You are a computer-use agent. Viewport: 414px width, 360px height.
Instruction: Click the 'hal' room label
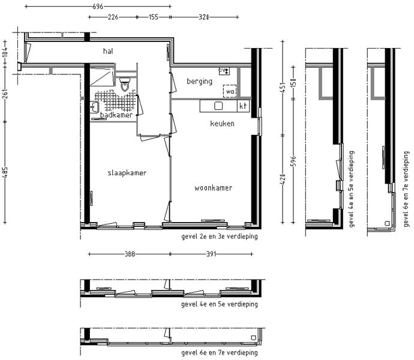(x=108, y=51)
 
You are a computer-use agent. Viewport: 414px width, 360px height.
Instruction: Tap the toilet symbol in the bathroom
(x=125, y=84)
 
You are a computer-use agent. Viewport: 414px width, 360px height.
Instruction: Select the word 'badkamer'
(x=116, y=115)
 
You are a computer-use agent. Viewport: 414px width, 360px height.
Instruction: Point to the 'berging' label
(x=199, y=82)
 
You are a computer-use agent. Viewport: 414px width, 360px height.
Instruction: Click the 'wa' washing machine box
(x=230, y=91)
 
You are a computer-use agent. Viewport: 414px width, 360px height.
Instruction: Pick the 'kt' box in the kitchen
(x=243, y=106)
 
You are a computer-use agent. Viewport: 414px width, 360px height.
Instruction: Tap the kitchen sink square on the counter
(x=218, y=106)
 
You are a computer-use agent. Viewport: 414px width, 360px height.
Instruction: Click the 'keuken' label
(x=222, y=124)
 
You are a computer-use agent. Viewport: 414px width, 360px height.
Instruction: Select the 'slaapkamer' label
(x=127, y=173)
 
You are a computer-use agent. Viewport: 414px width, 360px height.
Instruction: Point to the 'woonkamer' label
(x=214, y=188)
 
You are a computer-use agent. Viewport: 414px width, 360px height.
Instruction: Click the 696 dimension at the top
(x=98, y=7)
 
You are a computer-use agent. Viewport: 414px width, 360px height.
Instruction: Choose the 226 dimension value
(x=113, y=17)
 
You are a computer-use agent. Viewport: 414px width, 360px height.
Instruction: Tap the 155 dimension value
(x=154, y=17)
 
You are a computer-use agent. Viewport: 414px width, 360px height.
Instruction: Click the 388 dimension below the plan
(x=130, y=254)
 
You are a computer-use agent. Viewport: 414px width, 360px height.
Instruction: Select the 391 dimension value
(x=211, y=254)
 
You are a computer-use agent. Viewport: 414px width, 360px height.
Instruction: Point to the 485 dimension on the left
(x=5, y=172)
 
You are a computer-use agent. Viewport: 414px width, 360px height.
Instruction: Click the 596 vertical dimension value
(x=293, y=161)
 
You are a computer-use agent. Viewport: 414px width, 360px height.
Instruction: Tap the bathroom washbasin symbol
(x=94, y=107)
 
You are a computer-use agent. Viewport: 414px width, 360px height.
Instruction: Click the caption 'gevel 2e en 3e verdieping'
(x=220, y=236)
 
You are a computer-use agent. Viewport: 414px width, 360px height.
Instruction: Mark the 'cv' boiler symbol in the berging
(x=224, y=71)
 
